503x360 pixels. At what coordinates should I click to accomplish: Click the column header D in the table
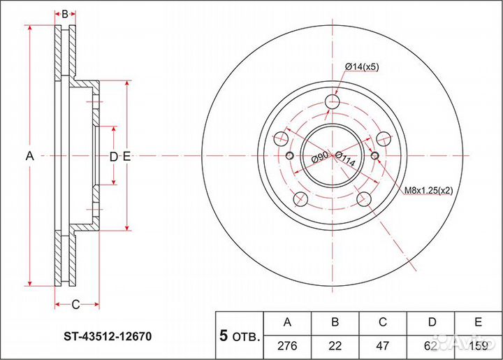click(431, 322)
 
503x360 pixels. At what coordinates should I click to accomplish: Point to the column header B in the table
click(335, 322)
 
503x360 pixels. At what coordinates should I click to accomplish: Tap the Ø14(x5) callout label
click(361, 67)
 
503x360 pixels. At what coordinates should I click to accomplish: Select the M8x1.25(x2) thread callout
click(427, 190)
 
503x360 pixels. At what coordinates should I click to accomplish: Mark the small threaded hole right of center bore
click(376, 155)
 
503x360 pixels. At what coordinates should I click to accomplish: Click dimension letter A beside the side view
click(30, 157)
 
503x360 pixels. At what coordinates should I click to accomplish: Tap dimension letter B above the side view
click(65, 14)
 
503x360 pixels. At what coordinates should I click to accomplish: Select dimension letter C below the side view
click(76, 303)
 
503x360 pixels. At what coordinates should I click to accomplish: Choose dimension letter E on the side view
click(126, 157)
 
